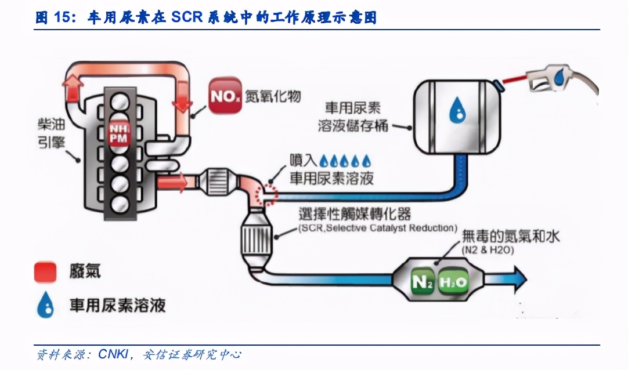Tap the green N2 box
(422, 282)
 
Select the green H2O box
(452, 282)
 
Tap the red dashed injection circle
(269, 191)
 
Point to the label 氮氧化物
(273, 96)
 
